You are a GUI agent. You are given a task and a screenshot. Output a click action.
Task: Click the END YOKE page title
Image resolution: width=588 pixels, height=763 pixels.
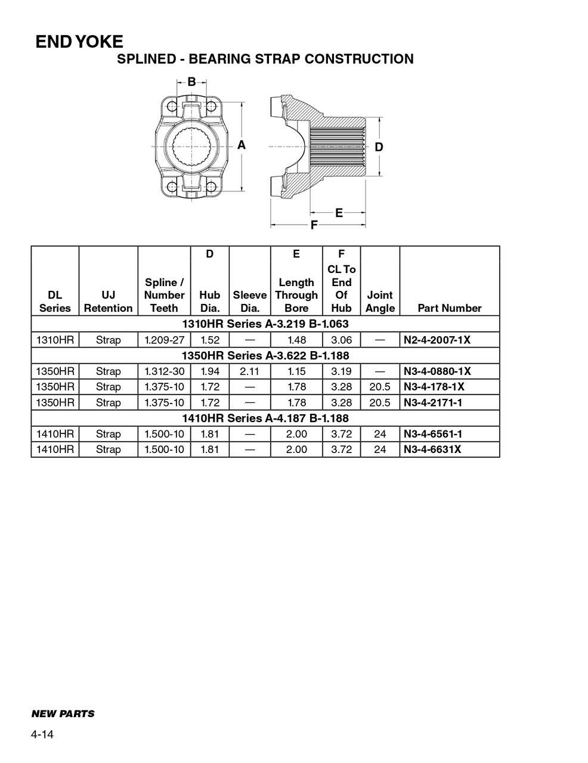pos(79,42)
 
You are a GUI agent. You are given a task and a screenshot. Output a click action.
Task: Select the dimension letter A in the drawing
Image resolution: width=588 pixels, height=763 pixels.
pos(242,145)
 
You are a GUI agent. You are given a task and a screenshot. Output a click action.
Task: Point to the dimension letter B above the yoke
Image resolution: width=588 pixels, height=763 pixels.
pos(191,82)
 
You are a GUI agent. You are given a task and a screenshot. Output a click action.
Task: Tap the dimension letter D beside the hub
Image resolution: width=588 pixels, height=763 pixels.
pos(379,147)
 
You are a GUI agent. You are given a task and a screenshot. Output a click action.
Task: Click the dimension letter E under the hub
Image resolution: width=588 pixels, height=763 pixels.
pos(339,212)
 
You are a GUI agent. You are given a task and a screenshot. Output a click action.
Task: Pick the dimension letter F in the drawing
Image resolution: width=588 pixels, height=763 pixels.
pos(314,225)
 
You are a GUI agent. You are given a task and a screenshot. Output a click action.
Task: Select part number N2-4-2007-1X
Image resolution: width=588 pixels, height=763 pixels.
pos(437,340)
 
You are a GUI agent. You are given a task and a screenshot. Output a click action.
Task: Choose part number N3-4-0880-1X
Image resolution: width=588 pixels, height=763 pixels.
pos(437,371)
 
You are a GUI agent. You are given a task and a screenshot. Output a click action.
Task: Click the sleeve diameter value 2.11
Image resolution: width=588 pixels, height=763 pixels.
pos(249,371)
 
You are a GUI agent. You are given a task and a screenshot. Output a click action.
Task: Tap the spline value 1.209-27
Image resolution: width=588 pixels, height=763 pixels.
pos(164,340)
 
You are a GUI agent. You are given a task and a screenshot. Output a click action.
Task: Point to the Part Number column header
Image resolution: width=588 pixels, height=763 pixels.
pos(449,308)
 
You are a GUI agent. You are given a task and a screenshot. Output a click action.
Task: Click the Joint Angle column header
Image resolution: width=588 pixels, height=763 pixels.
pos(380,302)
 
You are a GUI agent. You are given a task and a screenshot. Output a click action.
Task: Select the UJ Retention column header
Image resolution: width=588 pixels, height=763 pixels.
pos(108,302)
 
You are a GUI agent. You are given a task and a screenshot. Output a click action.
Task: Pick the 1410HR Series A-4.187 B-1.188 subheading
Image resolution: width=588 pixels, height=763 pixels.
pos(265,418)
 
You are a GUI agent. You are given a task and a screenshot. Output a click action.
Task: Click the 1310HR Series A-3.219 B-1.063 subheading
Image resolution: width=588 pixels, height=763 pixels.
pos(265,324)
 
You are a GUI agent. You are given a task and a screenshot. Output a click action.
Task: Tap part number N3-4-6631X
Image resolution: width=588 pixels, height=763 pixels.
pos(432,449)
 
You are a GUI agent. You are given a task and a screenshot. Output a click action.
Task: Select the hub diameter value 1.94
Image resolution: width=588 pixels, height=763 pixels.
pos(210,371)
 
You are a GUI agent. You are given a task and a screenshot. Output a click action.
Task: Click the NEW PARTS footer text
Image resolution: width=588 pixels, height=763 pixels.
pos(63,714)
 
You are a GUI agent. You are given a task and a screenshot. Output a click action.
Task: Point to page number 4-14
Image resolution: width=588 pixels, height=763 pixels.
pos(42,734)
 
